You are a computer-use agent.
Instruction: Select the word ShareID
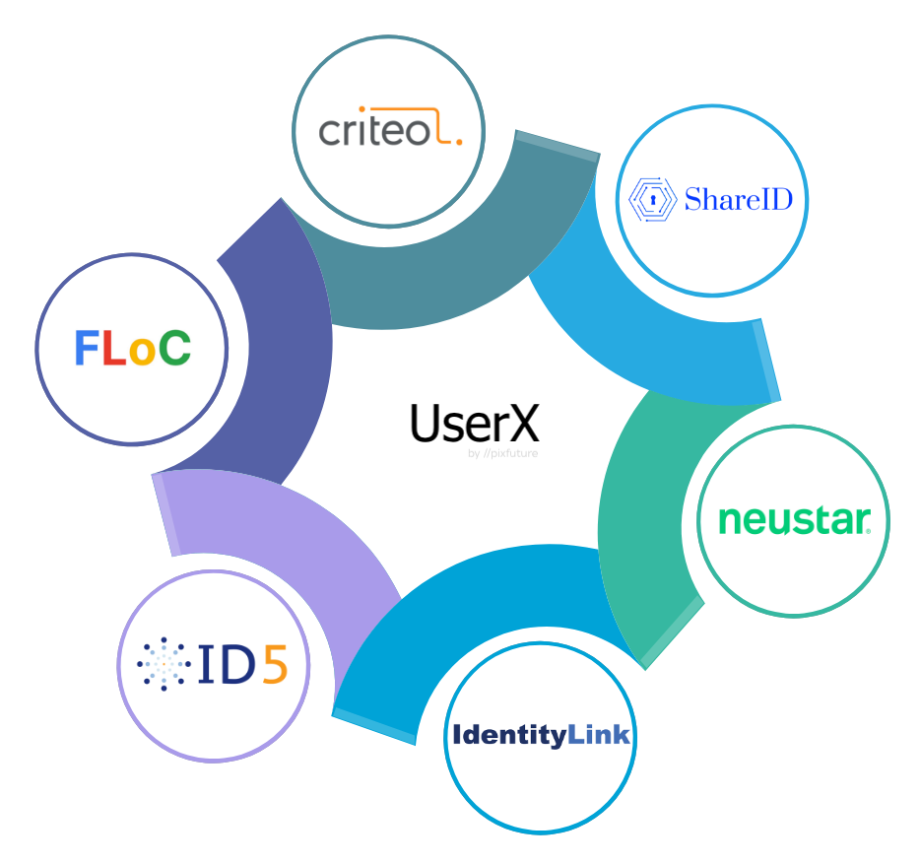[x=738, y=200]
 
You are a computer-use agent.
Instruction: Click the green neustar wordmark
[x=794, y=519]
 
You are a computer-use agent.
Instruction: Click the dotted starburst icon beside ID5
[x=164, y=662]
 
